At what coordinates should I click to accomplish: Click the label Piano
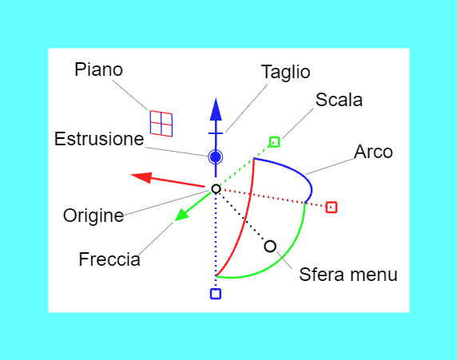pyautogui.click(x=98, y=70)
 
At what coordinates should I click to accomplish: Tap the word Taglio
pyautogui.click(x=285, y=72)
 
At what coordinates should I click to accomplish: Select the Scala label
pyautogui.click(x=339, y=100)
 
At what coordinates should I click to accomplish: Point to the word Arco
pyautogui.click(x=373, y=152)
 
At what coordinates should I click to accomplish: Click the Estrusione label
pyautogui.click(x=99, y=139)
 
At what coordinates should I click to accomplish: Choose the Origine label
pyautogui.click(x=93, y=216)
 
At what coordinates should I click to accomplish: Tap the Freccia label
pyautogui.click(x=109, y=259)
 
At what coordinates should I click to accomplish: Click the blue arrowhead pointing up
pyautogui.click(x=216, y=109)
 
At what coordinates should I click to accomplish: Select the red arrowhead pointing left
pyautogui.click(x=141, y=177)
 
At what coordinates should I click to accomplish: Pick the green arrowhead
pyautogui.click(x=182, y=215)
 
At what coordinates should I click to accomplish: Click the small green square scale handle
pyautogui.click(x=275, y=142)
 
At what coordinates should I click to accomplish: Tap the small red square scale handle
pyautogui.click(x=332, y=208)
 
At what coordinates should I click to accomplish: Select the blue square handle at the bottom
pyautogui.click(x=216, y=294)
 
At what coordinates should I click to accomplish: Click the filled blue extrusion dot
pyautogui.click(x=216, y=157)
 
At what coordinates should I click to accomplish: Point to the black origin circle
pyautogui.click(x=216, y=188)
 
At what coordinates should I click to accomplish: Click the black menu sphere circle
pyautogui.click(x=270, y=247)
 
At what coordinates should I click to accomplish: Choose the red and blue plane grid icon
pyautogui.click(x=161, y=124)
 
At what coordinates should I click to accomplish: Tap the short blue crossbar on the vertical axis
pyautogui.click(x=216, y=133)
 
